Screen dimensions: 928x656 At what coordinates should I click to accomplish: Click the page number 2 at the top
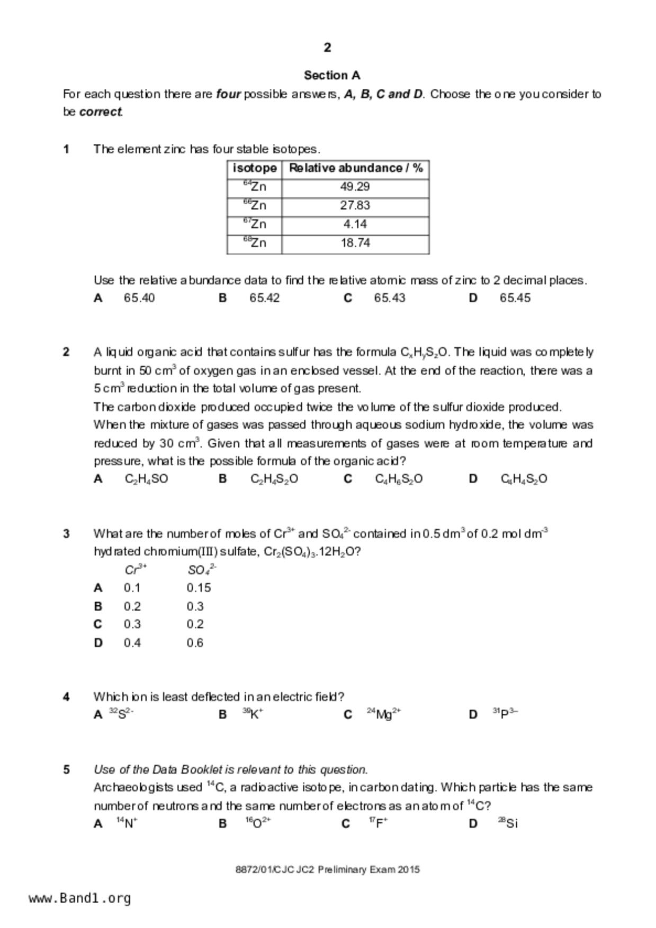click(x=327, y=48)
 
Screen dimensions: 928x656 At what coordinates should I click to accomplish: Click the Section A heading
click(x=332, y=75)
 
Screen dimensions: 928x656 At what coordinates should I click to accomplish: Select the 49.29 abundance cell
click(x=355, y=187)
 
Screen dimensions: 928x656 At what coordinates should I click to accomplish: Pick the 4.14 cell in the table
click(x=355, y=224)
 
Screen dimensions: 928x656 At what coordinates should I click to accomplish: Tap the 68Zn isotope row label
click(x=255, y=242)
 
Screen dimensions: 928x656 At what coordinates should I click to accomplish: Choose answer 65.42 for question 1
click(x=264, y=298)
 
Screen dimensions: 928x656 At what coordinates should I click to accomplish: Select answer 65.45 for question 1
click(x=515, y=298)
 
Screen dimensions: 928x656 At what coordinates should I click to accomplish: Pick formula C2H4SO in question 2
click(x=146, y=479)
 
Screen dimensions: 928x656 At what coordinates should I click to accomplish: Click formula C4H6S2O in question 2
click(x=399, y=479)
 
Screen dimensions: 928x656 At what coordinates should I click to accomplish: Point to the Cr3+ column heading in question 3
click(x=136, y=570)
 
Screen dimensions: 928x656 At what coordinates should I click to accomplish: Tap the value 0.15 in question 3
click(x=199, y=588)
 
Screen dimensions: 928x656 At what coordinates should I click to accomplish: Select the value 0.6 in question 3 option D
click(x=195, y=643)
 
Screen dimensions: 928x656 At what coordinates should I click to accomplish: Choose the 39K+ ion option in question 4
click(x=253, y=714)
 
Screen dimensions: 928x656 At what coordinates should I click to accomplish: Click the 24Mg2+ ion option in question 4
click(x=384, y=714)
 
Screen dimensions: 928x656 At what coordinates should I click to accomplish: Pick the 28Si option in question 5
click(x=508, y=823)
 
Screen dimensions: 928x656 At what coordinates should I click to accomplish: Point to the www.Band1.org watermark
click(x=80, y=898)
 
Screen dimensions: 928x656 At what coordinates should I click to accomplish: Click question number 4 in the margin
click(x=66, y=697)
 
